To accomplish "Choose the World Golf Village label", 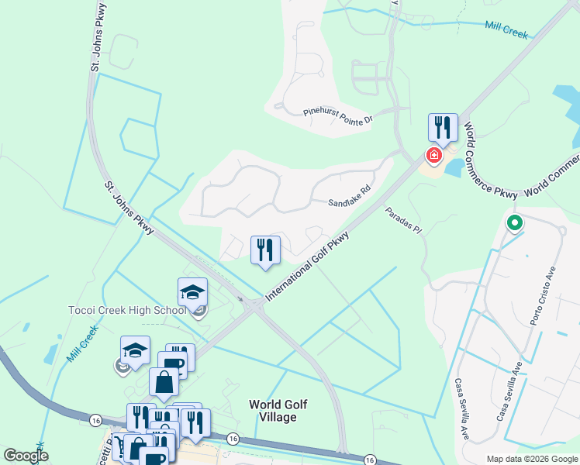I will pyautogui.click(x=272, y=411).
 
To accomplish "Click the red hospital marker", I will pyautogui.click(x=433, y=157).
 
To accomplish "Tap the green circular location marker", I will pyautogui.click(x=513, y=225).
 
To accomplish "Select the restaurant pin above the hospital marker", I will pyautogui.click(x=443, y=127).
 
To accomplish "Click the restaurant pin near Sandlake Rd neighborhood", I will pyautogui.click(x=265, y=250).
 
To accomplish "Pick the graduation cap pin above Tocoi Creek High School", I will pyautogui.click(x=192, y=292).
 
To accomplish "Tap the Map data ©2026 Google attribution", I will pyautogui.click(x=531, y=459).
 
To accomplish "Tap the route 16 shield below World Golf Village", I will pyautogui.click(x=233, y=439).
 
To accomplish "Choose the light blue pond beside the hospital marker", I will pyautogui.click(x=454, y=165).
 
